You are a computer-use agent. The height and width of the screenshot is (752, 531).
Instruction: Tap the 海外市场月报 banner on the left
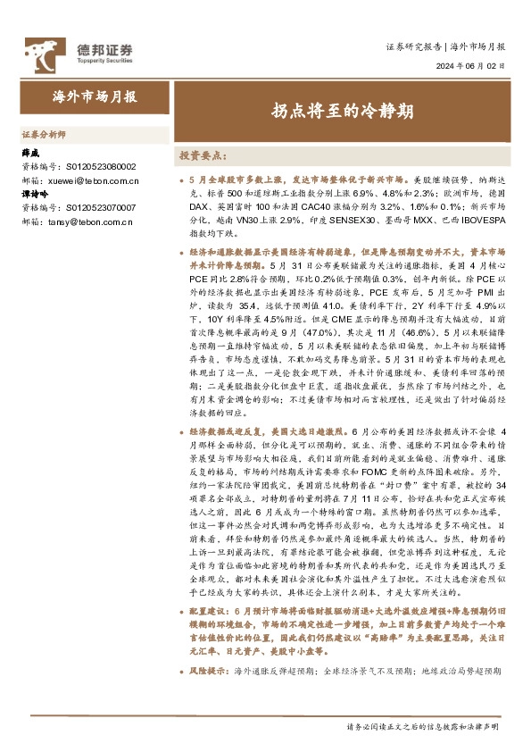[95, 96]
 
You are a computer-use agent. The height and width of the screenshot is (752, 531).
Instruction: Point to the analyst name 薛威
[32, 153]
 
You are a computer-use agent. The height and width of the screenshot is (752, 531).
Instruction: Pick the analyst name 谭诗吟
[37, 194]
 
